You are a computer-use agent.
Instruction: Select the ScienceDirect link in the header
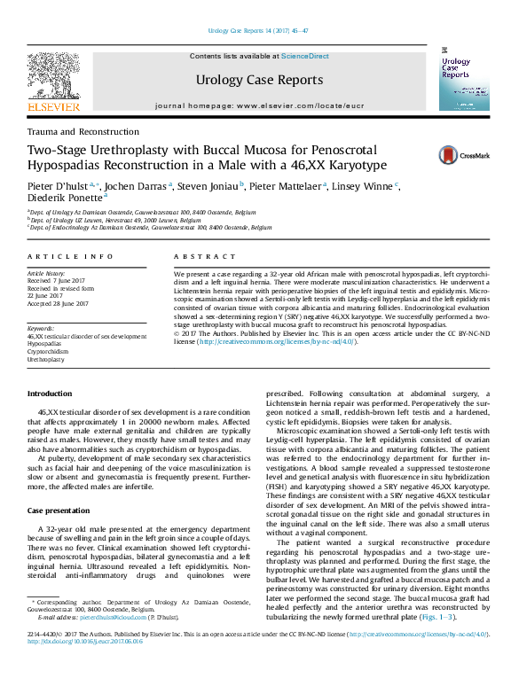(x=304, y=56)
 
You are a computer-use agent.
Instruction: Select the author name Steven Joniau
(x=208, y=187)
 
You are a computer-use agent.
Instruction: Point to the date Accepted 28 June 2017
(x=59, y=303)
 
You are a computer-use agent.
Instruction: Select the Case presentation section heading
(x=58, y=511)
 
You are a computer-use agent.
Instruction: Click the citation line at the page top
(x=257, y=30)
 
